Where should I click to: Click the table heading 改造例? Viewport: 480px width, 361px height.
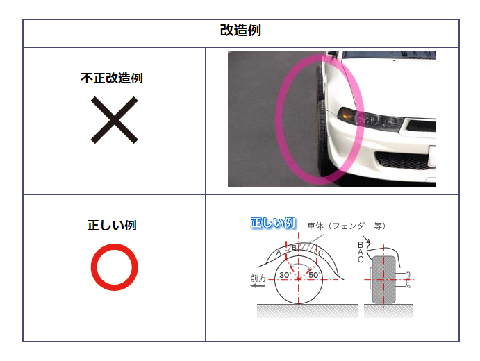point(240,31)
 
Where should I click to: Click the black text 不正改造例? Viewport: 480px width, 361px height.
point(112,78)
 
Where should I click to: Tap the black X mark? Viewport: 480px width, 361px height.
point(114,120)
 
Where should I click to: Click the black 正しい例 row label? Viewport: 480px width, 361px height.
point(112,226)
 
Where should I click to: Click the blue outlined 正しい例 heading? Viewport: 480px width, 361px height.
point(273,223)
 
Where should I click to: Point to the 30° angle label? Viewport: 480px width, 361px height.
point(285,275)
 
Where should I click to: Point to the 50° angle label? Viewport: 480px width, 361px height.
point(315,275)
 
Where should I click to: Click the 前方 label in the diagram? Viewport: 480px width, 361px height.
point(258,278)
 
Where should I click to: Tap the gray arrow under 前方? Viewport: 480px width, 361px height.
point(258,286)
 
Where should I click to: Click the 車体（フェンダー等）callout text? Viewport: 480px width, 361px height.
point(346,226)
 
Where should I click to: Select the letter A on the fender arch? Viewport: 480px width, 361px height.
point(279,253)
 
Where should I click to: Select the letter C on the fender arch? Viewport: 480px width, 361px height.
point(320,253)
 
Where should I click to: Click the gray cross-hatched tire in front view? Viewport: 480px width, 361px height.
point(383,280)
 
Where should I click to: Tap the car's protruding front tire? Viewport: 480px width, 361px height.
point(320,122)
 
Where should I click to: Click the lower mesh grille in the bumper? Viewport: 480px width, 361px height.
point(402,160)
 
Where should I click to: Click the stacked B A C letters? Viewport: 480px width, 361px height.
point(361,253)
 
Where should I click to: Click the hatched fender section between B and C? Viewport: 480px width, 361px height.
point(307,247)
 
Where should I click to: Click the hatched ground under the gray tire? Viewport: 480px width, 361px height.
point(388,311)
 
